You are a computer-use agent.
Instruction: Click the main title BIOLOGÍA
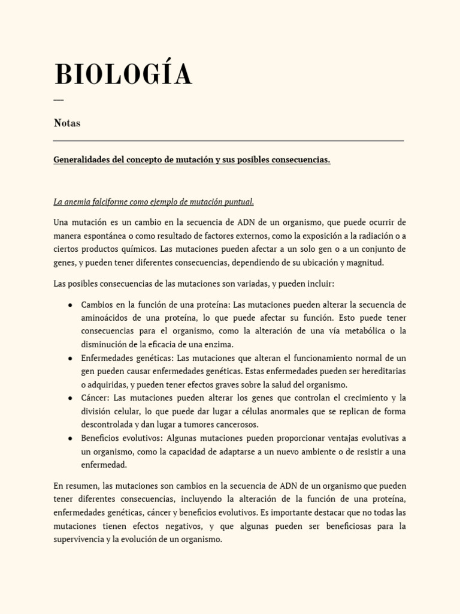coord(123,75)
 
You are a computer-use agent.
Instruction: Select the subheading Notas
coord(67,123)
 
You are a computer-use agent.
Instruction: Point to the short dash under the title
coord(58,100)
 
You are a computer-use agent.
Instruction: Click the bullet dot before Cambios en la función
coord(71,305)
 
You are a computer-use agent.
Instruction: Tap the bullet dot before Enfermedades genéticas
coord(71,358)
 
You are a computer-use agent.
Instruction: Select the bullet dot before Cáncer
coord(71,398)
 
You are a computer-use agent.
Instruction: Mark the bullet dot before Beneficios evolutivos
coord(71,438)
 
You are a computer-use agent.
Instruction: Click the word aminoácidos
coord(107,317)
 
